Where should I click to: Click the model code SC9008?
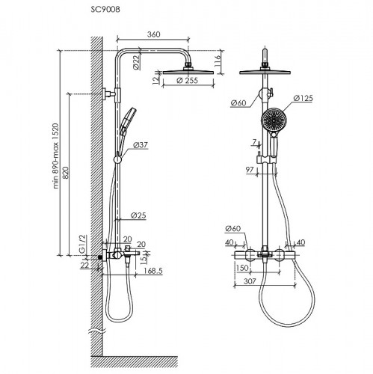coord(105,10)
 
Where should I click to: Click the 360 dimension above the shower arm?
coord(153,34)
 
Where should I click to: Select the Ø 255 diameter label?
coord(187,81)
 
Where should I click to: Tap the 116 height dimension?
coord(218,61)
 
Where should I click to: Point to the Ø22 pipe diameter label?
coord(137,62)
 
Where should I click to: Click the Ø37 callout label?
coord(141,145)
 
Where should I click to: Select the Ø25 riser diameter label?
coord(138,215)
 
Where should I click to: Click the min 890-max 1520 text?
coord(55,156)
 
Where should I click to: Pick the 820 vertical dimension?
coord(65,173)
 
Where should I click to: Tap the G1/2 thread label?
coord(83,244)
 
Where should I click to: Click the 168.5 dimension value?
coord(153,271)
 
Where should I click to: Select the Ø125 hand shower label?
coord(303,98)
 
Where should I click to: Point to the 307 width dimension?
coord(250,281)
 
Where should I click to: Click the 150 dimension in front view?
coord(242,268)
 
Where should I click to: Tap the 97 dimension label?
coord(250,170)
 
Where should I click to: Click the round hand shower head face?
coord(273,120)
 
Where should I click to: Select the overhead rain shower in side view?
coord(188,72)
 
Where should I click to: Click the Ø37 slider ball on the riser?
coord(117,159)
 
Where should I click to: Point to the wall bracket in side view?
coord(109,94)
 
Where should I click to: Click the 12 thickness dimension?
coord(155,79)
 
